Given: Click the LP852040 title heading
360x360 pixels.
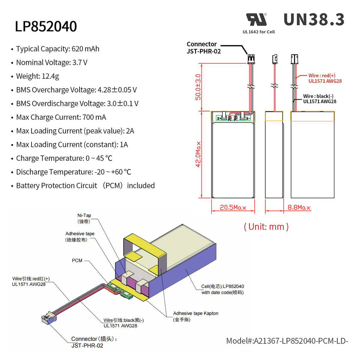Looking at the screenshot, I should click(46, 26).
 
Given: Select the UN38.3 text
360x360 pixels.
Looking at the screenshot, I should click(314, 20).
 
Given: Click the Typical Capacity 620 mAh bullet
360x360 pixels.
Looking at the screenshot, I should click(57, 49).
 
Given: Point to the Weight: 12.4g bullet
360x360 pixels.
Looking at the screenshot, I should click(37, 76).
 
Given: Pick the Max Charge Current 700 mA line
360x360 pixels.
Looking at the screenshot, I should click(61, 117).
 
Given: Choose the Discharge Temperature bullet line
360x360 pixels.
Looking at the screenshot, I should click(73, 172).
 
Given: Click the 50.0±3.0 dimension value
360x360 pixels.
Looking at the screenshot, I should click(198, 87).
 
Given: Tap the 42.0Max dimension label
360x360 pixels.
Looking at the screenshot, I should click(198, 154).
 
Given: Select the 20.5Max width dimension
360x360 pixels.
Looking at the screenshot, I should click(233, 207).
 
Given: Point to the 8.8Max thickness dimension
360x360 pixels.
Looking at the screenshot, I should click(299, 207).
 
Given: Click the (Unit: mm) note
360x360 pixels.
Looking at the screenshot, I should click(266, 226).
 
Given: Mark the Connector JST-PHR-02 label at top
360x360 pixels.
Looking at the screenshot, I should click(204, 48).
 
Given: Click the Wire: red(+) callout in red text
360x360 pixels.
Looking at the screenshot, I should click(325, 78).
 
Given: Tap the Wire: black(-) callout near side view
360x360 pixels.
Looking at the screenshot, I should click(319, 99).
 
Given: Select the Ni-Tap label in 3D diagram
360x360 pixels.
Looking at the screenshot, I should click(84, 218).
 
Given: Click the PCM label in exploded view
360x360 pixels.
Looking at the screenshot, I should click(77, 260).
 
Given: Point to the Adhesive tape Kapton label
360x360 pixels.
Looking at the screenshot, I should click(195, 316).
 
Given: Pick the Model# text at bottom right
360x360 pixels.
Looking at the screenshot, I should click(287, 341).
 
